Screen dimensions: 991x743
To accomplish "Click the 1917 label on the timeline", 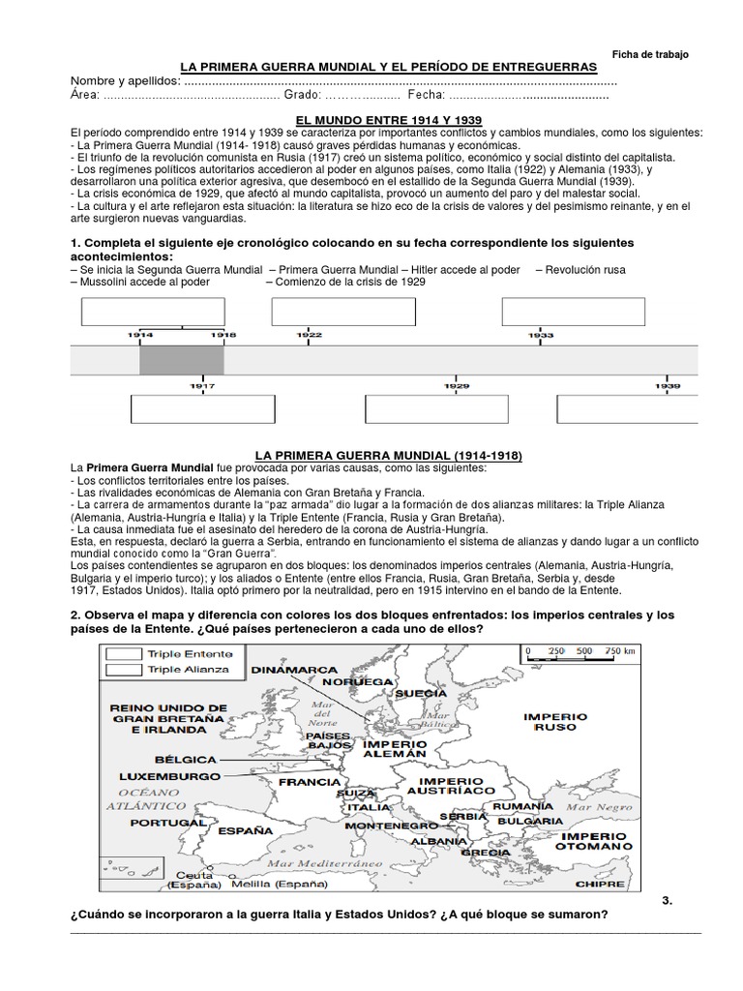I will tap(201, 385).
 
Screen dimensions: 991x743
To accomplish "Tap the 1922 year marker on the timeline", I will tap(309, 335).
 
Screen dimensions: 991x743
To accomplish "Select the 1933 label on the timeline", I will tap(542, 335).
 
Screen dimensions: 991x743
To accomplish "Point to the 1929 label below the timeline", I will tap(458, 385).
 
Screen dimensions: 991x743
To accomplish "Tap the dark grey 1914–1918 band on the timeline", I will tap(182, 360).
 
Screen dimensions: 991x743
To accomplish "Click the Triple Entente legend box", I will tap(125, 654).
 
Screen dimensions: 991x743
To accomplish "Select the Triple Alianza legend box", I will tap(125, 669).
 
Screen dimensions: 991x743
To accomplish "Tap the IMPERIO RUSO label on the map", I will tap(554, 722).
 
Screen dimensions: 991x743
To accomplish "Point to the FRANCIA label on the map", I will tap(309, 782).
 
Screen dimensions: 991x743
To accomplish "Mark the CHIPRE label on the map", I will tap(600, 884).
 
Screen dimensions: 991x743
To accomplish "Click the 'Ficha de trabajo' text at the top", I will tap(651, 55).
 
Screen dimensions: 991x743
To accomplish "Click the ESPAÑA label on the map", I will tap(245, 830).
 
